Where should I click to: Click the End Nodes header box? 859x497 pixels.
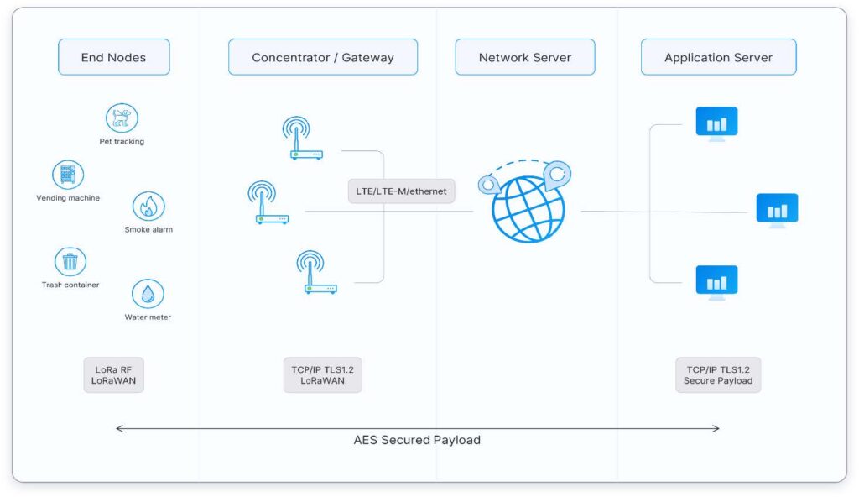(114, 57)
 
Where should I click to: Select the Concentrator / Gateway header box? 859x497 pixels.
(323, 57)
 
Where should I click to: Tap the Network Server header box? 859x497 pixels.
(525, 57)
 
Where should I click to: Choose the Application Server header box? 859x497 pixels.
(718, 57)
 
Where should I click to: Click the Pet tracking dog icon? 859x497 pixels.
(122, 118)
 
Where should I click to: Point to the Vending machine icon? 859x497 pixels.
(68, 175)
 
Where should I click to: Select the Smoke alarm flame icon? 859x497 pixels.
(148, 207)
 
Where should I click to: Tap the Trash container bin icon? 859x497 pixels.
(70, 262)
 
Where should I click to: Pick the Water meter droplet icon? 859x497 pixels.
(148, 294)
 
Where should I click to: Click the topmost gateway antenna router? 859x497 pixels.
(302, 138)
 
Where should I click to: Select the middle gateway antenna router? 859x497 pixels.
(268, 202)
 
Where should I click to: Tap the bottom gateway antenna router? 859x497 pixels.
(316, 272)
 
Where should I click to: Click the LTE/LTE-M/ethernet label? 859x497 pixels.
(402, 191)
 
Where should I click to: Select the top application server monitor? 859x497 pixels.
(716, 124)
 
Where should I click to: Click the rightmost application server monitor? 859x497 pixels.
(777, 211)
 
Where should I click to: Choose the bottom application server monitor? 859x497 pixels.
(716, 283)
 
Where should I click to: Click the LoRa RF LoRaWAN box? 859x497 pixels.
(113, 375)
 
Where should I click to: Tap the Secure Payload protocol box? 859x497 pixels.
(718, 375)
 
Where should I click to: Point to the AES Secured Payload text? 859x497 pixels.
(417, 440)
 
